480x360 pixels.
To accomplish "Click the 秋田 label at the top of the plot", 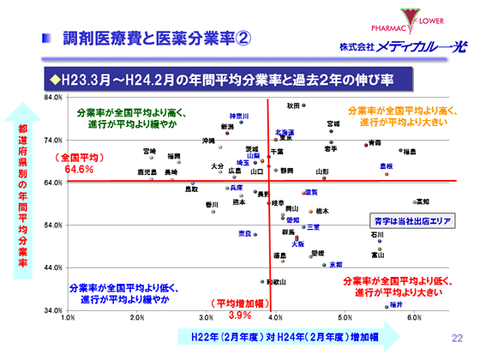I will tap(293, 105).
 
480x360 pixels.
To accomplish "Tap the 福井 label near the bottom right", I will tap(395, 304).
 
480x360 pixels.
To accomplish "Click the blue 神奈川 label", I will tap(238, 116).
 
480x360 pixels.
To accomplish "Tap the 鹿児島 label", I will tap(148, 172).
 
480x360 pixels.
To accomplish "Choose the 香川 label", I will tap(212, 204).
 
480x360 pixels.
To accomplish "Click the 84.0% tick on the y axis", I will tap(53, 97).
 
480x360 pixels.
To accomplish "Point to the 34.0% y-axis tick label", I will tap(53, 309).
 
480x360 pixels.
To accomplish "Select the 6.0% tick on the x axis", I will tap(415, 317).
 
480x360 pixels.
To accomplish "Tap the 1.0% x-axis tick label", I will tap(69, 317).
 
